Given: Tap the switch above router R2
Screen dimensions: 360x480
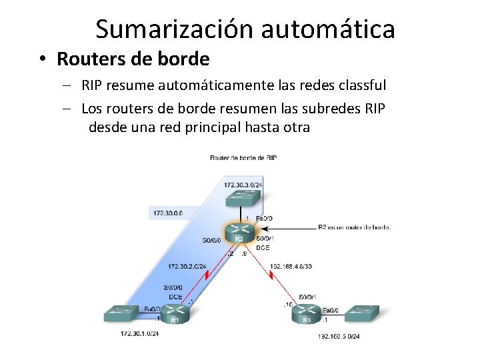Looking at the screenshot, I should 240,198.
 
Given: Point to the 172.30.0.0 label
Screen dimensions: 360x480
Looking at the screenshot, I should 167,213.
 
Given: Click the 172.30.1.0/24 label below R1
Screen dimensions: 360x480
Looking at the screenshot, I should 139,333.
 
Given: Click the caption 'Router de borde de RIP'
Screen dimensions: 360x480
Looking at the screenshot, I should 243,158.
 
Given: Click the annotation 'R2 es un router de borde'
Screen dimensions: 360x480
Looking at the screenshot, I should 354,227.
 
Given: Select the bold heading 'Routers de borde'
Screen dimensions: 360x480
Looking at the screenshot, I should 133,59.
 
